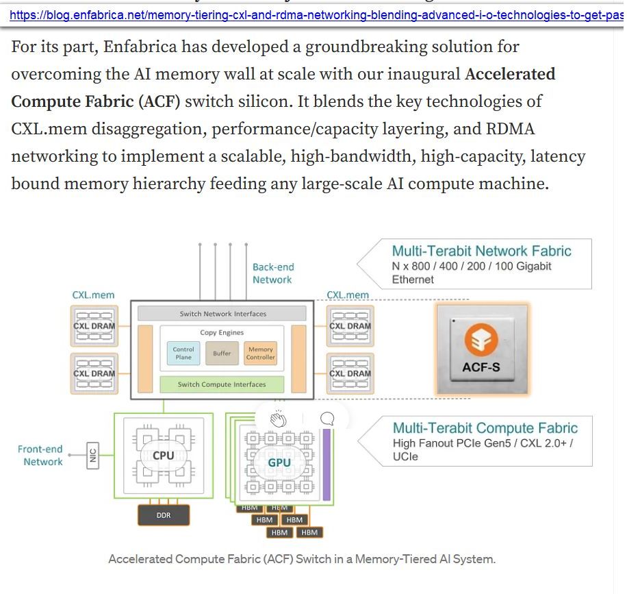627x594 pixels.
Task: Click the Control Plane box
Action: [183, 354]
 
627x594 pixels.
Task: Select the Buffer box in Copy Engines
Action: [222, 354]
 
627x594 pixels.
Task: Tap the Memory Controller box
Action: [261, 354]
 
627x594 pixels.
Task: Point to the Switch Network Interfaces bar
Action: [222, 314]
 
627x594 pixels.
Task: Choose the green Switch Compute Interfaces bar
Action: [222, 384]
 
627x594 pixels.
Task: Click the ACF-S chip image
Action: [482, 349]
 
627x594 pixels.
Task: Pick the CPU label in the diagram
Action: [164, 456]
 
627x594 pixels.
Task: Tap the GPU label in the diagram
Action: [279, 462]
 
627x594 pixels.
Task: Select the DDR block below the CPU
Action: [164, 515]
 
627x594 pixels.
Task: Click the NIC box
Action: [93, 454]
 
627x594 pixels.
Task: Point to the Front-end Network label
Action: [40, 456]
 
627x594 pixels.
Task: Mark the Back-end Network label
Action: [272, 273]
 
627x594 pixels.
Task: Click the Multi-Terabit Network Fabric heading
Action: [481, 251]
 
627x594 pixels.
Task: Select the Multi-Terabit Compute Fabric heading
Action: [485, 428]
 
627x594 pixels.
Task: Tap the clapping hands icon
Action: [278, 419]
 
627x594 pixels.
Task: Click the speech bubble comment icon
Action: [327, 419]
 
